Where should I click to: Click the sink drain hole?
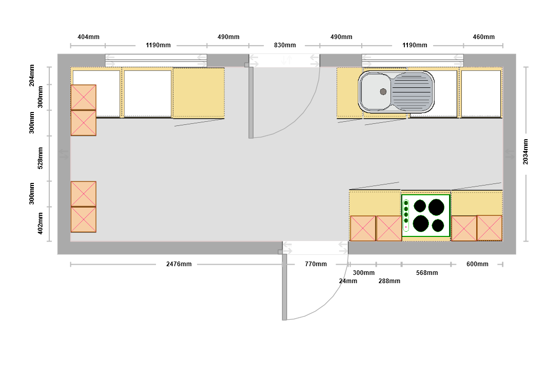point(383,91)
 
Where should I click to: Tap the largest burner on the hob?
point(436,207)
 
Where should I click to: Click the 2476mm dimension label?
point(179,264)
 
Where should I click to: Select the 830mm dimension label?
point(285,45)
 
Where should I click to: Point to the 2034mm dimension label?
point(525,152)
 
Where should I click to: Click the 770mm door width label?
point(316,264)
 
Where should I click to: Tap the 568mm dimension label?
point(426,273)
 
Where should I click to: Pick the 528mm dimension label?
point(40,158)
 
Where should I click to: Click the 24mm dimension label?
point(348,281)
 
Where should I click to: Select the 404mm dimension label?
point(88,36)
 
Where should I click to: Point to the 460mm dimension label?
point(483,36)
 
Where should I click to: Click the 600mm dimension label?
point(477,264)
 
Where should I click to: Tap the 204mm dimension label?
point(32,75)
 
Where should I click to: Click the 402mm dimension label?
point(40,224)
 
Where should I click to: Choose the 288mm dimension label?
point(389,281)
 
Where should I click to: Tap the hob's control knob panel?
point(406,215)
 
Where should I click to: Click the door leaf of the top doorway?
point(251,103)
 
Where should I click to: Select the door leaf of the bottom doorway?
point(284,287)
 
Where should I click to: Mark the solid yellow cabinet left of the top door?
point(199,92)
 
